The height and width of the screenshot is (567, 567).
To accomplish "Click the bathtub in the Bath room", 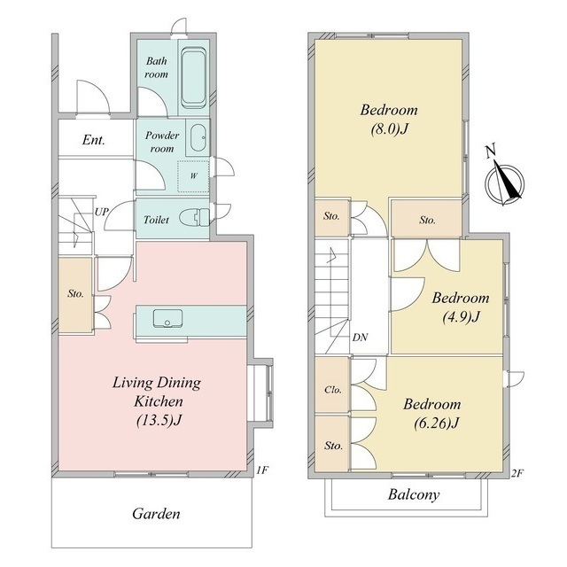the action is point(193,78).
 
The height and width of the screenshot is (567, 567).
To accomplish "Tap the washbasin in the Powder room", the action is point(198,138).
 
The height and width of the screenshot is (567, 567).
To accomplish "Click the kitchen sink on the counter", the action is point(167,318).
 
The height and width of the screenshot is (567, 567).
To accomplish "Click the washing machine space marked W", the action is point(193,176).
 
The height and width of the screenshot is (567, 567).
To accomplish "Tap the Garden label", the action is point(156,514).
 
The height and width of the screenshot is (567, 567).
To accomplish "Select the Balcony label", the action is point(414,494).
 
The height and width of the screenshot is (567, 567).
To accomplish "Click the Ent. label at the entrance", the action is point(93,140).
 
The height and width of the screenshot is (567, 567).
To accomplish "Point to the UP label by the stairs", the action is point(101,212).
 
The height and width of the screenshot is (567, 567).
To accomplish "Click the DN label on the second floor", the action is point(360,338).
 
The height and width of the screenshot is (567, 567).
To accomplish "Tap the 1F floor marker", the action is point(262,470).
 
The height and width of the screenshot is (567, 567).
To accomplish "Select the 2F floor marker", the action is point(517,473).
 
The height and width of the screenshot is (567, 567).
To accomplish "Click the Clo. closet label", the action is point(333,390).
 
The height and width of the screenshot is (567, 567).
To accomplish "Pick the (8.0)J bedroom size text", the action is point(389,129).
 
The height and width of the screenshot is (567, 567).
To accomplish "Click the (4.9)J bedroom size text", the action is point(461,317).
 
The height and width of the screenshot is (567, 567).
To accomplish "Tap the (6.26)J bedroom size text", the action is point(437,423).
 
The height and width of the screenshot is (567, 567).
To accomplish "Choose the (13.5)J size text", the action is point(159,420).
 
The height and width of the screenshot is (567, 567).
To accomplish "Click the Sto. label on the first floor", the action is point(75,293).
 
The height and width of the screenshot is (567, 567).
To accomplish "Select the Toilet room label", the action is point(156,220).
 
